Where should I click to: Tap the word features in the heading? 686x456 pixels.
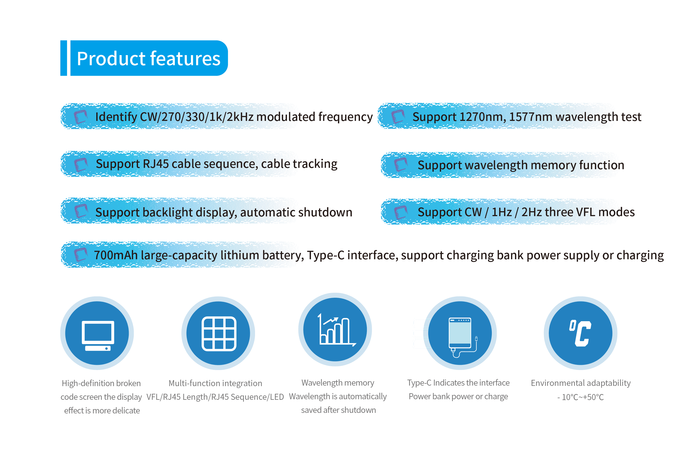(185, 58)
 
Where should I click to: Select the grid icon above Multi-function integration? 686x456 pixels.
(219, 333)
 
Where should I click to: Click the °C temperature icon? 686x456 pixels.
(580, 333)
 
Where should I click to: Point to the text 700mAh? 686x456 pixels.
(116, 255)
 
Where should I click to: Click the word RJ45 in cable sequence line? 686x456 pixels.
(155, 164)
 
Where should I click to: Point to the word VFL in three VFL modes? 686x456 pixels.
(585, 212)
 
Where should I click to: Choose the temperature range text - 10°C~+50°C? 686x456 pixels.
(580, 397)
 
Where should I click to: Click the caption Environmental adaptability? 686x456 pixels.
(581, 383)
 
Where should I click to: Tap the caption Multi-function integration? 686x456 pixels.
(215, 383)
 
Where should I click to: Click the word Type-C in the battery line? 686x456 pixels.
(326, 255)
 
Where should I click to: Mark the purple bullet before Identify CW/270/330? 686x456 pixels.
(80, 117)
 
